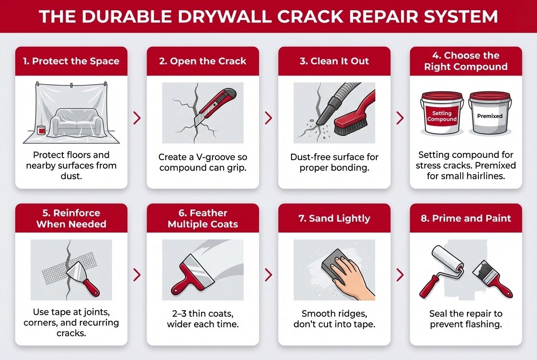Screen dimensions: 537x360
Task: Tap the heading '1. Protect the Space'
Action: [71, 61]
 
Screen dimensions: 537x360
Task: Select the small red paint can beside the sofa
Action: [42, 130]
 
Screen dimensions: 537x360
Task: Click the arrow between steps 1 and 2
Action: [137, 118]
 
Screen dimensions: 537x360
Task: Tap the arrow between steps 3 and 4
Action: [400, 118]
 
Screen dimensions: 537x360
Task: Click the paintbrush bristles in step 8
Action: [480, 271]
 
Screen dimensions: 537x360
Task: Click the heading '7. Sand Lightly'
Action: [334, 218]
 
